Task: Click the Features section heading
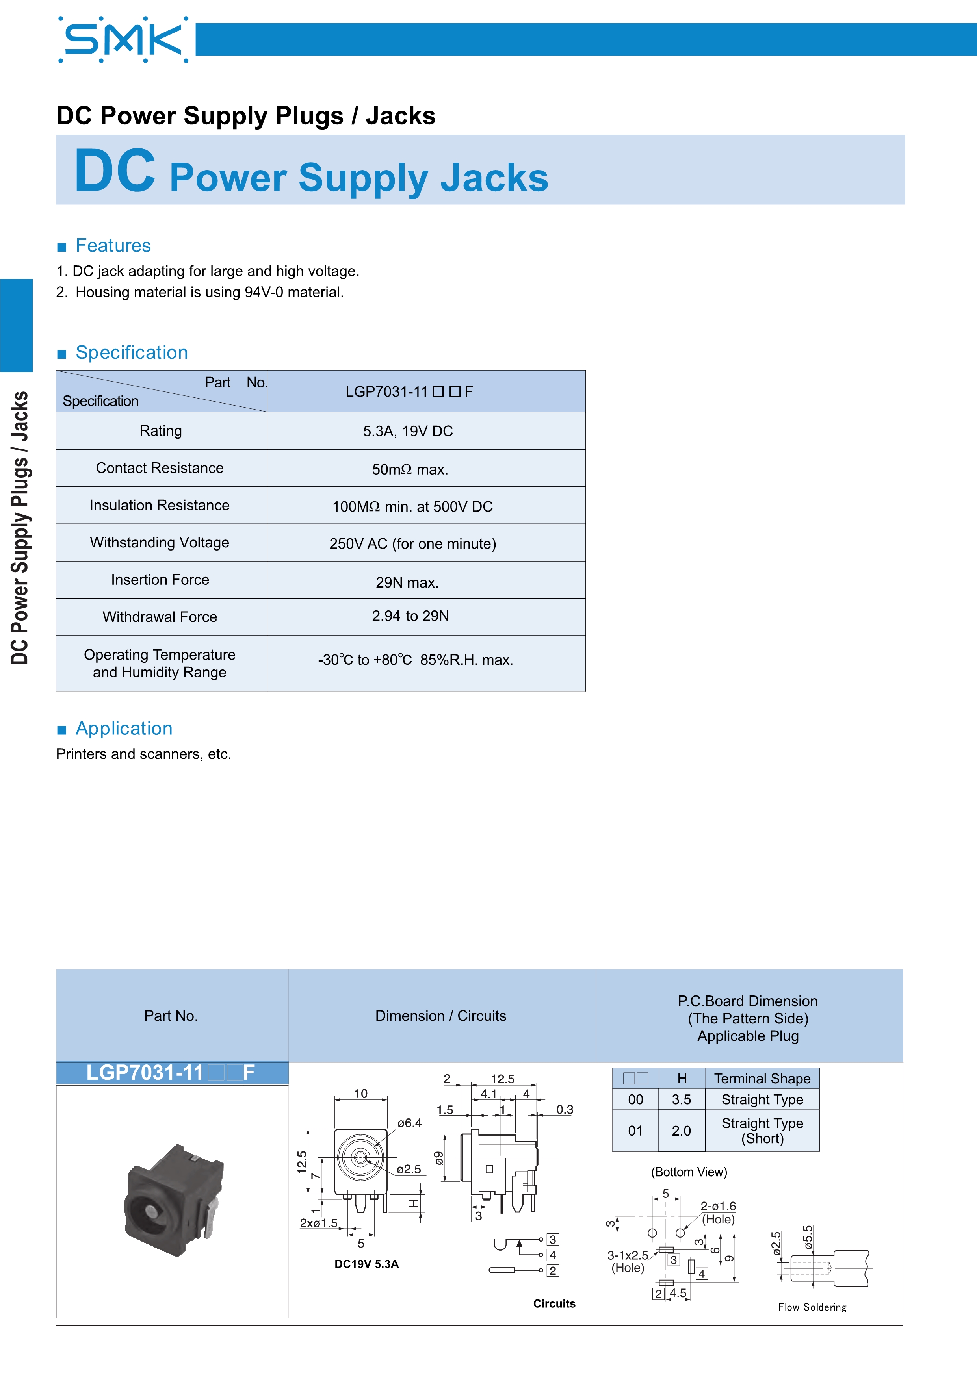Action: point(113,245)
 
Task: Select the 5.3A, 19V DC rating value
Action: point(407,431)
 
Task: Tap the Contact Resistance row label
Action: point(160,468)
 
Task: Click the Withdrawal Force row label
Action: point(160,617)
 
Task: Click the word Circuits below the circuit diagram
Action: point(554,1303)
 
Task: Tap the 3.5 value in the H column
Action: point(681,1099)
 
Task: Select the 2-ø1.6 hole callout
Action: point(718,1207)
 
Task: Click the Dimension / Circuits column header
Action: point(440,1016)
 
